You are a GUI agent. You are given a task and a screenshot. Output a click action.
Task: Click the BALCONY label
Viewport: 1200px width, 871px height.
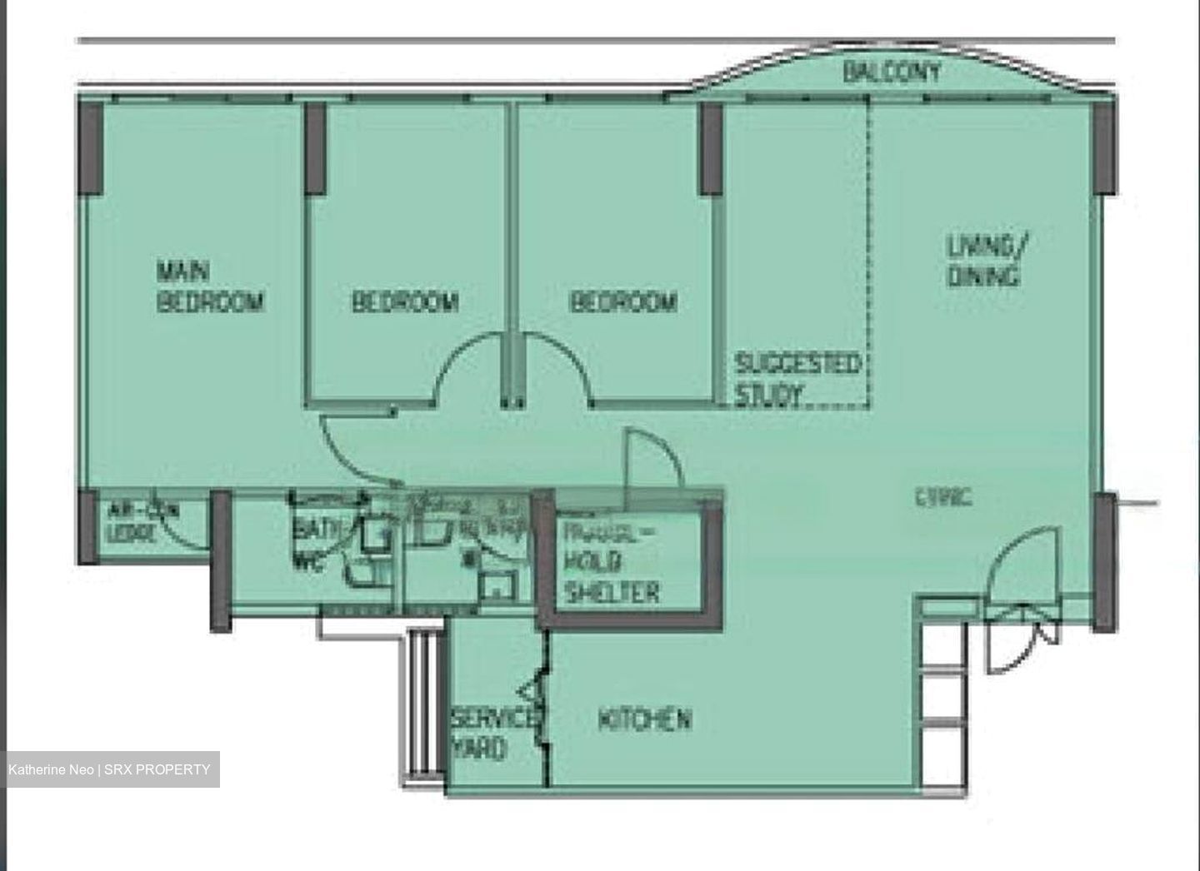pyautogui.click(x=891, y=72)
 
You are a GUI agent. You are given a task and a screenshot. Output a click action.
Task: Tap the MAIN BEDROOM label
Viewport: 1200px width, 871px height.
pyautogui.click(x=210, y=286)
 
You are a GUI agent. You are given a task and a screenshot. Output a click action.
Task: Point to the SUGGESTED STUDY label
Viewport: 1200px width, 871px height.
pyautogui.click(x=797, y=379)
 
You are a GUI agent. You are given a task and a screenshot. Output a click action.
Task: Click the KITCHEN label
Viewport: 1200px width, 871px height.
pyautogui.click(x=644, y=719)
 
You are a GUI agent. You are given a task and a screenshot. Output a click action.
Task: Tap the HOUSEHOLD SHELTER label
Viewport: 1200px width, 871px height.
pyautogui.click(x=612, y=562)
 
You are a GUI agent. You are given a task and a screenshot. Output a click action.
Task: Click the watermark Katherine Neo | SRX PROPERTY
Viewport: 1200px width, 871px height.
pyautogui.click(x=110, y=769)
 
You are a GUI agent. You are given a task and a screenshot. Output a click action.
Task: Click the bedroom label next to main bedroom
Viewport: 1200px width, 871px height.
pyautogui.click(x=405, y=301)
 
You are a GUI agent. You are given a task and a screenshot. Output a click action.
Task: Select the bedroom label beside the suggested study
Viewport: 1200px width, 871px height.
pyautogui.click(x=622, y=301)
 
